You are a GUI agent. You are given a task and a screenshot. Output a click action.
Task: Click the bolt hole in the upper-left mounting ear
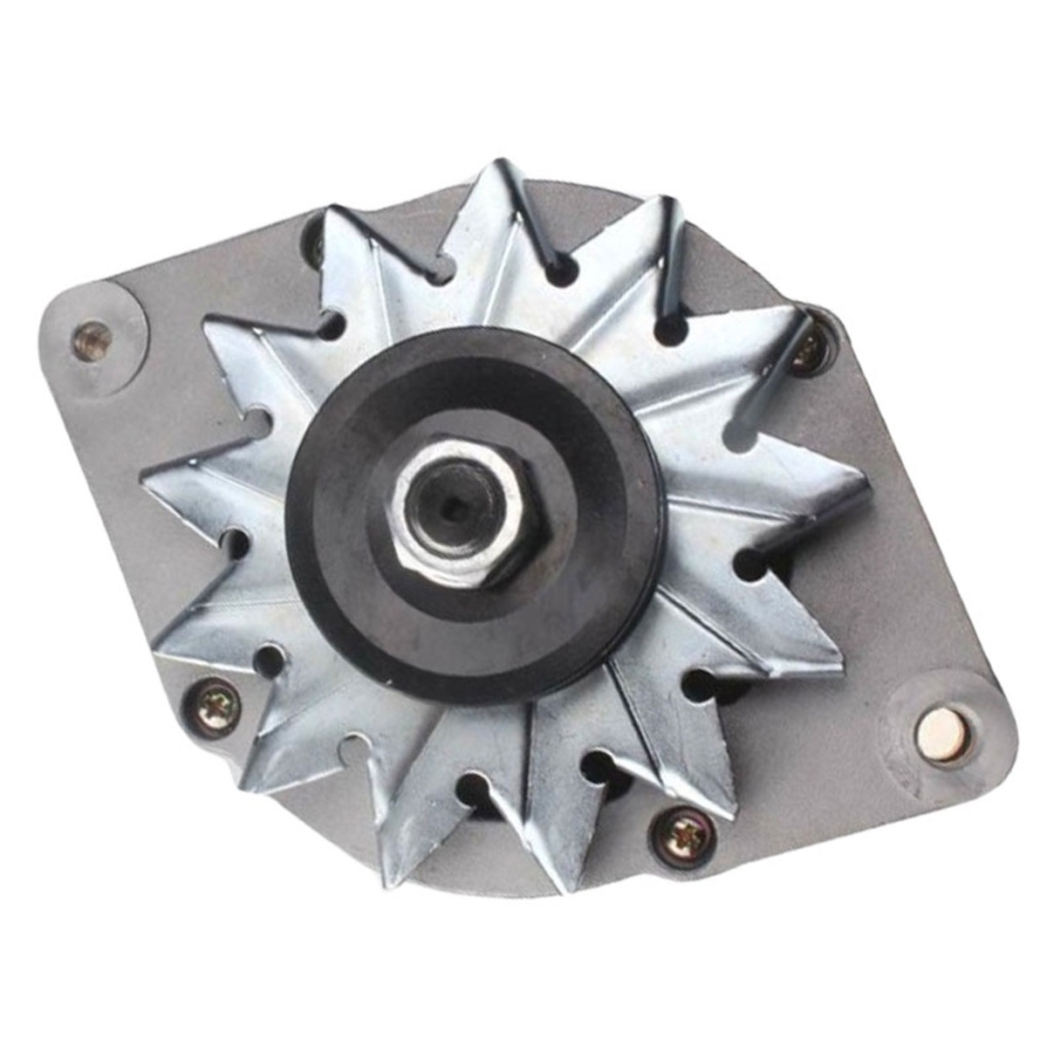(x=92, y=338)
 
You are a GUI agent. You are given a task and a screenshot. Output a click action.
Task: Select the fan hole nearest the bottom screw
(x=599, y=768)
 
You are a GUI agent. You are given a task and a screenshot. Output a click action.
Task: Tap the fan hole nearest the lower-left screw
(x=270, y=660)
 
